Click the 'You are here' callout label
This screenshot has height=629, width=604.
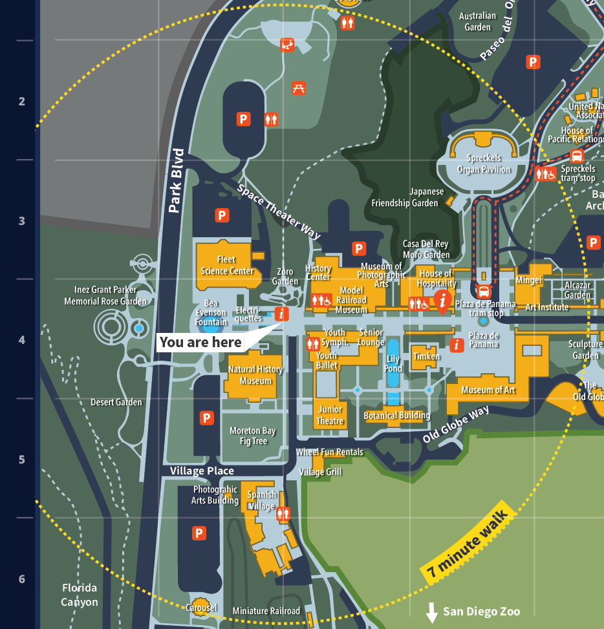point(200,343)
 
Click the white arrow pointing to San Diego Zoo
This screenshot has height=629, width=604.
point(432,612)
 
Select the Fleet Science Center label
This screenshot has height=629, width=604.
point(227,265)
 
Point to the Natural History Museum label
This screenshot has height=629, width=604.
point(255,375)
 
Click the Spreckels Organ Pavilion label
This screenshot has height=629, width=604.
point(484,164)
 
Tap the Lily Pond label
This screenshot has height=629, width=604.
point(394,364)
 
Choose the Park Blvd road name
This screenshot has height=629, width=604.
point(176,181)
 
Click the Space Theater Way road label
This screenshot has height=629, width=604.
point(279,212)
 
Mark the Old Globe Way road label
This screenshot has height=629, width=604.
point(456,424)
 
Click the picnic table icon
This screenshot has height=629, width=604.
point(299,88)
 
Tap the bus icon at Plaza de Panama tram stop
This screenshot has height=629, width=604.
point(483,291)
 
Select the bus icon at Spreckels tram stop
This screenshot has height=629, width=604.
point(577,156)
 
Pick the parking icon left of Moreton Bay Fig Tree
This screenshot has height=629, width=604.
point(207,418)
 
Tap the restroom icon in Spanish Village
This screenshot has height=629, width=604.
point(283,513)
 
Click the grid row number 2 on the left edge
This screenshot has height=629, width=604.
point(22,101)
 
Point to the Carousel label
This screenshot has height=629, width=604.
point(201,608)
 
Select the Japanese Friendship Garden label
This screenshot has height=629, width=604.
point(405,197)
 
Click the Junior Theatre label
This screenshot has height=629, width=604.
point(330,415)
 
